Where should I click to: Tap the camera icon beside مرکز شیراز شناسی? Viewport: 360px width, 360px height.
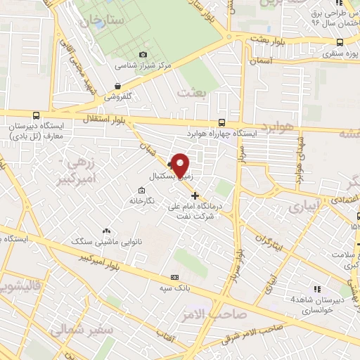pyautogui.click(x=143, y=54)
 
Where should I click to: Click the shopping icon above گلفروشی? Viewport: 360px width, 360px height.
pyautogui.click(x=117, y=86)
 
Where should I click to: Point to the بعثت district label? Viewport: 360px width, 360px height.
pyautogui.click(x=191, y=92)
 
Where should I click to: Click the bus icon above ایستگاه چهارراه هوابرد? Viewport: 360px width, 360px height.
pyautogui.click(x=222, y=120)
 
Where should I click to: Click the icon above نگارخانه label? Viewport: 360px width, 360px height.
pyautogui.click(x=142, y=190)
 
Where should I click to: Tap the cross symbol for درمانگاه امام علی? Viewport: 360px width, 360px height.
pyautogui.click(x=195, y=195)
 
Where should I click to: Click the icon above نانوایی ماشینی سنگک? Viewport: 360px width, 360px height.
pyautogui.click(x=106, y=231)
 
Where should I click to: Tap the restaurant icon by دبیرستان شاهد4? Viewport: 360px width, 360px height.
pyautogui.click(x=318, y=289)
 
